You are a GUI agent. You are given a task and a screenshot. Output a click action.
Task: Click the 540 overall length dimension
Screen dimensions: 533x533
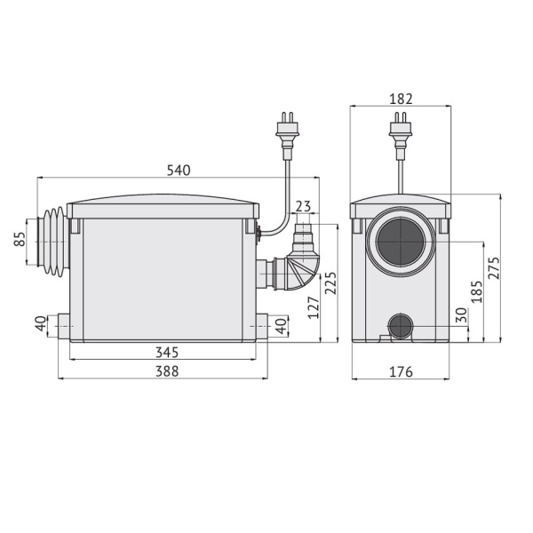tap(179, 171)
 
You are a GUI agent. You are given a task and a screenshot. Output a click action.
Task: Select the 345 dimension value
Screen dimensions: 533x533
tap(167, 353)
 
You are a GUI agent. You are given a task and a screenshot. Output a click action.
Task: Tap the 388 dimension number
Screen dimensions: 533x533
tap(167, 371)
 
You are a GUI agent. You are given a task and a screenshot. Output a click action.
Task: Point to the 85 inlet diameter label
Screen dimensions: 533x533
tap(20, 239)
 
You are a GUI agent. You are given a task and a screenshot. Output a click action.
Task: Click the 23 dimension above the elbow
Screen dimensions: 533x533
tap(303, 206)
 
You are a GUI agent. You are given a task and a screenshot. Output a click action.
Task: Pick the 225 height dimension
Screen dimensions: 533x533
tap(330, 283)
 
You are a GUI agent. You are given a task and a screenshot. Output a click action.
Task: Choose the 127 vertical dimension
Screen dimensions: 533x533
tap(314, 307)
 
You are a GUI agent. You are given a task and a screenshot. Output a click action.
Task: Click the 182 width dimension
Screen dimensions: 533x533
tap(401, 99)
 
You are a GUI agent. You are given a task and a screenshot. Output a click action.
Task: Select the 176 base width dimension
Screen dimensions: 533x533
tap(401, 371)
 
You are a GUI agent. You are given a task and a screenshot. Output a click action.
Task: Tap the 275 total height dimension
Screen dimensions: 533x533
tap(494, 268)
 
